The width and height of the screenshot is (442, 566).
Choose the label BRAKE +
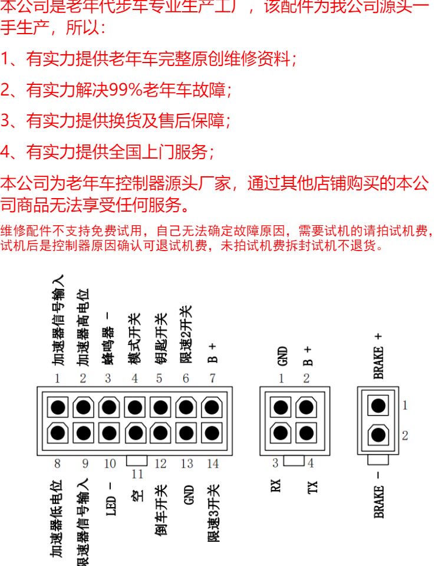click(378, 354)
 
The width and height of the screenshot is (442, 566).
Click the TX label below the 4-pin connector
click(311, 486)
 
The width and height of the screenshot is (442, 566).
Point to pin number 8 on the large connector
click(57, 463)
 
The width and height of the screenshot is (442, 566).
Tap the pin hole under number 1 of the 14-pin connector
click(58, 406)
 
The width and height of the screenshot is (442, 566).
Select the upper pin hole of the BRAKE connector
click(378, 405)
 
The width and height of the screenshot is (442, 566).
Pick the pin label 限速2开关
click(186, 334)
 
